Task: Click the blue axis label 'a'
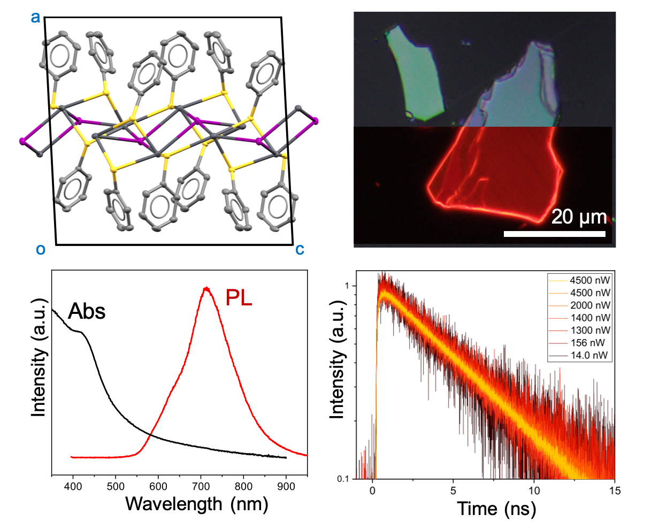[x=35, y=18]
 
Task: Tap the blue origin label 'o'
[x=40, y=249]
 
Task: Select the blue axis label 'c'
[x=300, y=249]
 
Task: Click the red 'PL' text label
[x=239, y=298]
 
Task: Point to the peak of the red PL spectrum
[x=206, y=288]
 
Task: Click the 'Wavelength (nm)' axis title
[x=197, y=504]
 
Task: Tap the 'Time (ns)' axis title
[x=496, y=509]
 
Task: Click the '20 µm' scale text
[x=579, y=217]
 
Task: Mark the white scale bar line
[x=555, y=234]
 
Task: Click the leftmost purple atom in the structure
[x=22, y=141]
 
